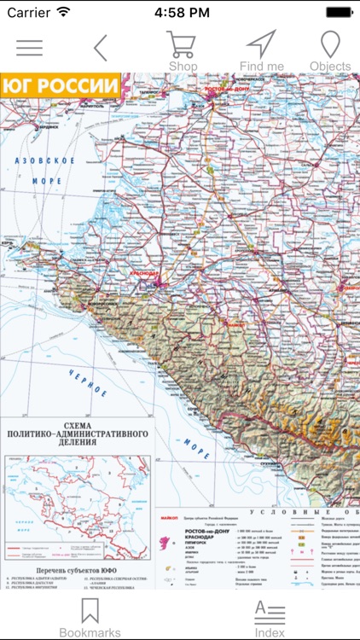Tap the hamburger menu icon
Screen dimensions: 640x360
[29, 48]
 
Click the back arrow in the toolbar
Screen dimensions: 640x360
[101, 48]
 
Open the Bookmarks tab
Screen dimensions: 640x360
[90, 617]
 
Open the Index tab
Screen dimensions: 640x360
[270, 617]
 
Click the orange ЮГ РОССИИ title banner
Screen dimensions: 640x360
[61, 85]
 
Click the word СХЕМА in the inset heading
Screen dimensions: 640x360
[75, 422]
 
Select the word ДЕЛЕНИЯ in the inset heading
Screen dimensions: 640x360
[75, 444]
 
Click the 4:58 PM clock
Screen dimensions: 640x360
[180, 13]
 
